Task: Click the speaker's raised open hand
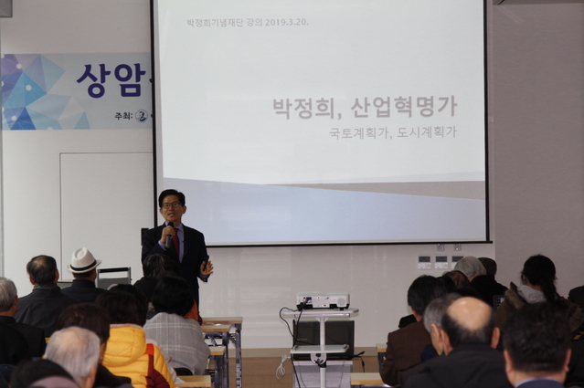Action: coord(207,267)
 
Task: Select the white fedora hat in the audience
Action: coord(84,261)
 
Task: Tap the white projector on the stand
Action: coord(323,300)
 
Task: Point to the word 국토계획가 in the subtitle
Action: coord(358,132)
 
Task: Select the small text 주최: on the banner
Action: coord(122,116)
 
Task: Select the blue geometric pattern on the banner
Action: coord(37,91)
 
